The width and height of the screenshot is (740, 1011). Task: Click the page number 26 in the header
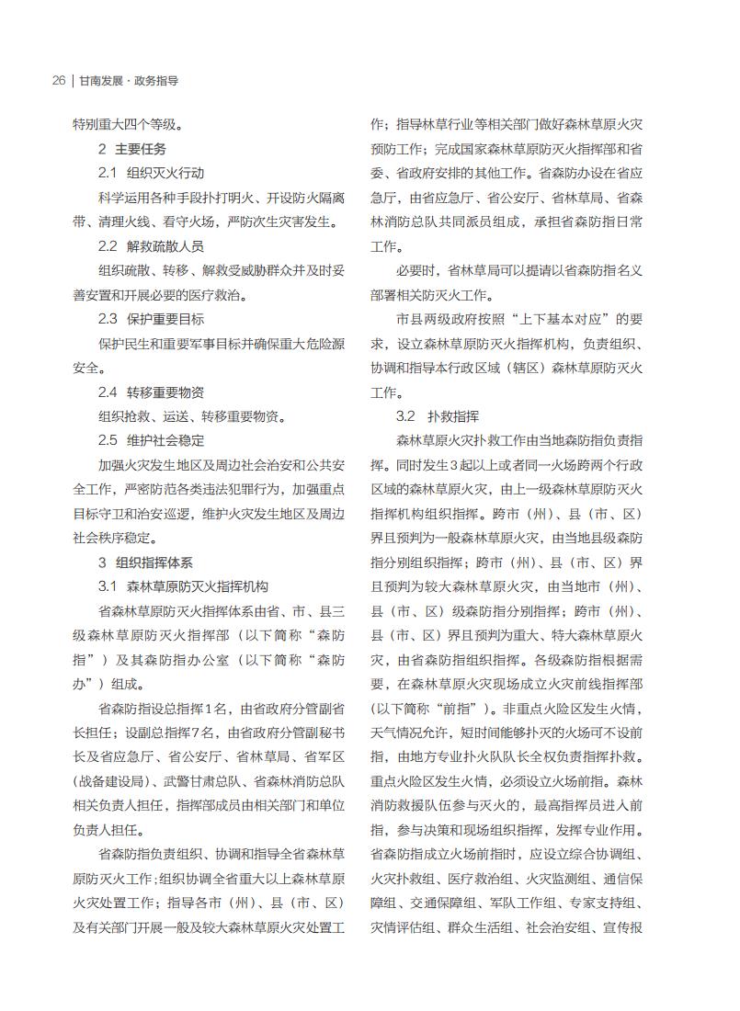[x=58, y=81]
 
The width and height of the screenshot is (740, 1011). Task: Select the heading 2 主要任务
[x=132, y=148]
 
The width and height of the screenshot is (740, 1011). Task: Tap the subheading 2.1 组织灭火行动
[x=151, y=173]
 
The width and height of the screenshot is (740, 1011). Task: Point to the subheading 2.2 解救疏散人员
[x=151, y=246]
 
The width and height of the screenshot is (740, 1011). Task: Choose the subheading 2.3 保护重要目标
[x=151, y=319]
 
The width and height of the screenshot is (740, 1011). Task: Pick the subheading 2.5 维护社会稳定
[x=151, y=440]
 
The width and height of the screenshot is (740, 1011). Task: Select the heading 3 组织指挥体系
[x=145, y=562]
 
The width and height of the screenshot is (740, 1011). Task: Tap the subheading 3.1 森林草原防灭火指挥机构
[x=183, y=586]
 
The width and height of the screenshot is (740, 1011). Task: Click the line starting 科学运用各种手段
[x=222, y=197]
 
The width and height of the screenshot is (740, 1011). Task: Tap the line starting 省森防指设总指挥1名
[x=222, y=708]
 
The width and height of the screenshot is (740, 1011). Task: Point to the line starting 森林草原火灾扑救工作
[x=519, y=440]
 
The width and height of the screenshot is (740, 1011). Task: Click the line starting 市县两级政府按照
[x=519, y=319]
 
